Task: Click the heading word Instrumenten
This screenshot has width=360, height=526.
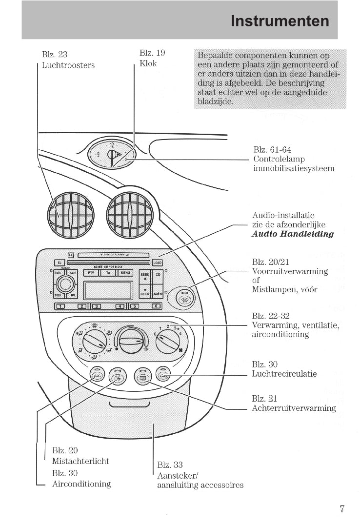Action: pos(280,21)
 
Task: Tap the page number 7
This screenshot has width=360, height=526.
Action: pos(342,509)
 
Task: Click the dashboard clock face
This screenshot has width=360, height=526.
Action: pos(112,153)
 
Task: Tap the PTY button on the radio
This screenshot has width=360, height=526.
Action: pos(92,273)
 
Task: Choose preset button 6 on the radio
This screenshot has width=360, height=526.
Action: pos(156,306)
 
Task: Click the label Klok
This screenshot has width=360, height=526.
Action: pos(148,64)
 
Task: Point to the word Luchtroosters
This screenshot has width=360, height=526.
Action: pos(68,65)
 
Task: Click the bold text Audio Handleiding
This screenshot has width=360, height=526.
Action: pos(293,234)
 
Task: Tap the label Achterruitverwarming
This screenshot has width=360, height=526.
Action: pos(294,408)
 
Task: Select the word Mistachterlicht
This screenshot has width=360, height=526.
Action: pos(80,461)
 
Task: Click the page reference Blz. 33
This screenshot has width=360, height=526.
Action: pos(170,465)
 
